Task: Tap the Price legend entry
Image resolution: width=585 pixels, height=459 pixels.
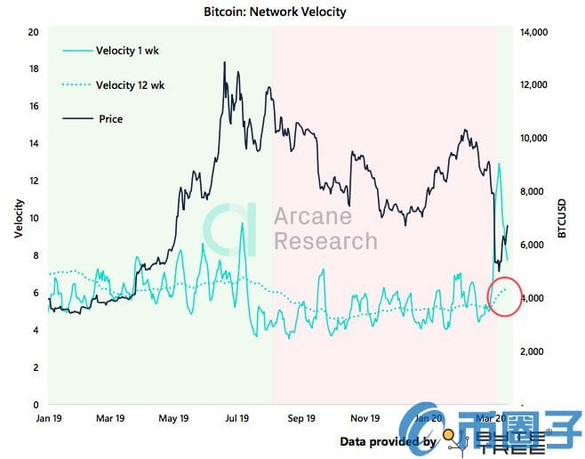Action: [x=108, y=118]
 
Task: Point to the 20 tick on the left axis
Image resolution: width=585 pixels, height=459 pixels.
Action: [x=33, y=32]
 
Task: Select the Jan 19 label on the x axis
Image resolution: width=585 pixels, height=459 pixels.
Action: [x=48, y=417]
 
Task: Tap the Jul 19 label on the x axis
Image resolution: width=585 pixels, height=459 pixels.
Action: [x=237, y=417]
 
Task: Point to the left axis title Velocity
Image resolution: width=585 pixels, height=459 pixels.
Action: [x=18, y=218]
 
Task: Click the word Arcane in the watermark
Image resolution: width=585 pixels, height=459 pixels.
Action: [x=312, y=217]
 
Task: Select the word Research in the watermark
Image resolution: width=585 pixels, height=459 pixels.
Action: [x=325, y=241]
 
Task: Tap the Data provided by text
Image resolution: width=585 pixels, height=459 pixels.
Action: [x=388, y=441]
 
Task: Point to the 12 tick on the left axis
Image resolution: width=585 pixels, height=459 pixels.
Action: [x=33, y=181]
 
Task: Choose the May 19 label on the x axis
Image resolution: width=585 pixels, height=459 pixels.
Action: [x=173, y=417]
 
